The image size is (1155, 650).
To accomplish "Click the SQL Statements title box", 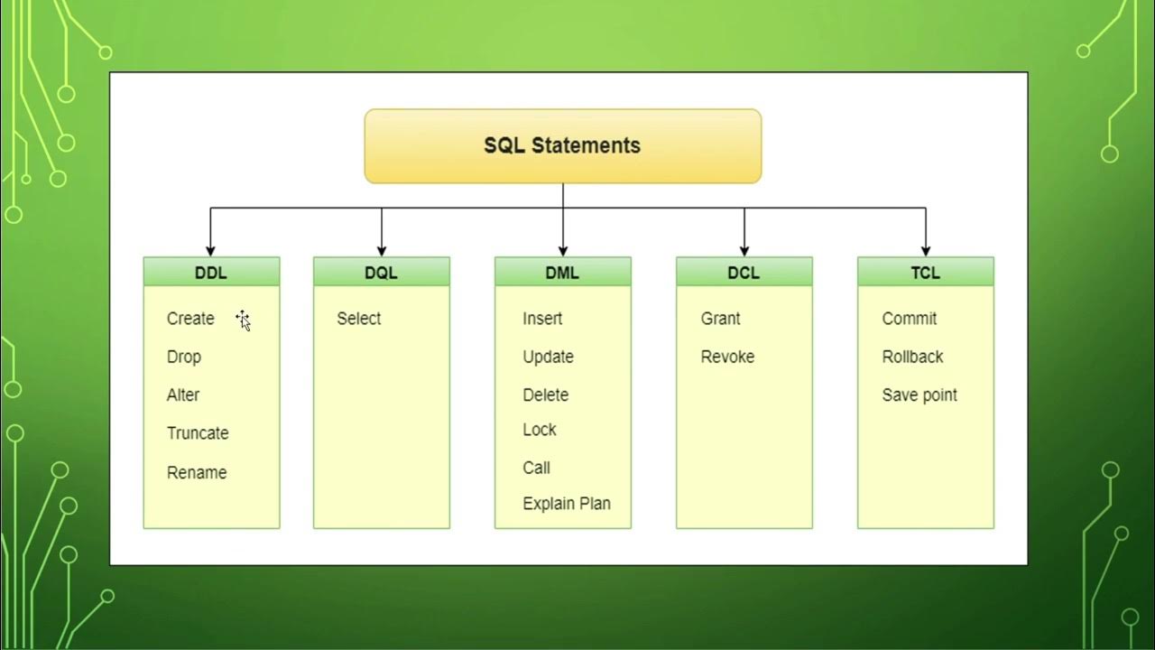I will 562,146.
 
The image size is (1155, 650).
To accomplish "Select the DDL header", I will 211,272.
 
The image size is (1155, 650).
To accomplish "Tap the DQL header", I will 382,272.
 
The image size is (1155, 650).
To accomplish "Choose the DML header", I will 562,272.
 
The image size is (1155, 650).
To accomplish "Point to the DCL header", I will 744,272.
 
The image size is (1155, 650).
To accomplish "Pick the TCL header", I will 925,272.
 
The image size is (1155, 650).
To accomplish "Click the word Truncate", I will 198,433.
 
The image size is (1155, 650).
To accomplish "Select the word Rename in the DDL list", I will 197,472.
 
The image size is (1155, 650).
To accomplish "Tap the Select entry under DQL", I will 358,319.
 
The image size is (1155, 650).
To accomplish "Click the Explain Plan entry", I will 567,504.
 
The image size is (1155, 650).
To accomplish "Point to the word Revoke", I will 727,357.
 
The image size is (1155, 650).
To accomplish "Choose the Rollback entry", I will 912,357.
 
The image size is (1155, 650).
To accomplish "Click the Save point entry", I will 919,395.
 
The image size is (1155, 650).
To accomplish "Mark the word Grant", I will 720,319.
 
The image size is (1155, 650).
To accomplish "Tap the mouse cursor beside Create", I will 243,320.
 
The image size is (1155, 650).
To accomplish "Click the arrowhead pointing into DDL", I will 210,250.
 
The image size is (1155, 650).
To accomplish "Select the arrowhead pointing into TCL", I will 926,250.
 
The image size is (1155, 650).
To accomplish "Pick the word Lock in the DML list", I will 540,430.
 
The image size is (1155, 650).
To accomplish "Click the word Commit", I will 910,319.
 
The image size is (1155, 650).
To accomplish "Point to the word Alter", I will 183,395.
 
